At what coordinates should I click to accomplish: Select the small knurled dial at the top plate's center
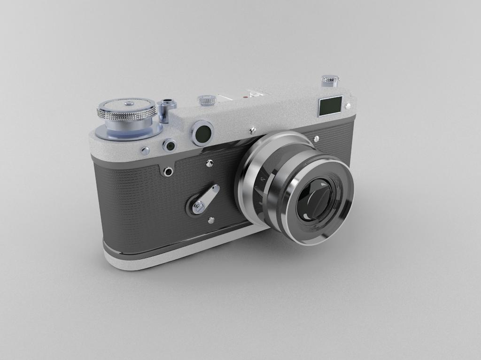207,100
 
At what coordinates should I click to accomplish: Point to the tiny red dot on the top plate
245,97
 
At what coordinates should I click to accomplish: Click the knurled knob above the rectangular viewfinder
330,80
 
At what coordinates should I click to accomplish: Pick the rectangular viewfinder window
330,106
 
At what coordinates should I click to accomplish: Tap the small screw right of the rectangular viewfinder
348,106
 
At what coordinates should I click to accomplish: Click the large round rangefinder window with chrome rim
202,133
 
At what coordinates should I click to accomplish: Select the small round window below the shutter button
170,146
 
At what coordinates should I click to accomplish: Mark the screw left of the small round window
146,151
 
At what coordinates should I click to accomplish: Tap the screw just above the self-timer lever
209,163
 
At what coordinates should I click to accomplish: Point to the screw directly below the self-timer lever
211,220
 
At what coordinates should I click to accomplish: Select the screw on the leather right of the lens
316,139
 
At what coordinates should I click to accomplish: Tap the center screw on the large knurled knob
127,102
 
